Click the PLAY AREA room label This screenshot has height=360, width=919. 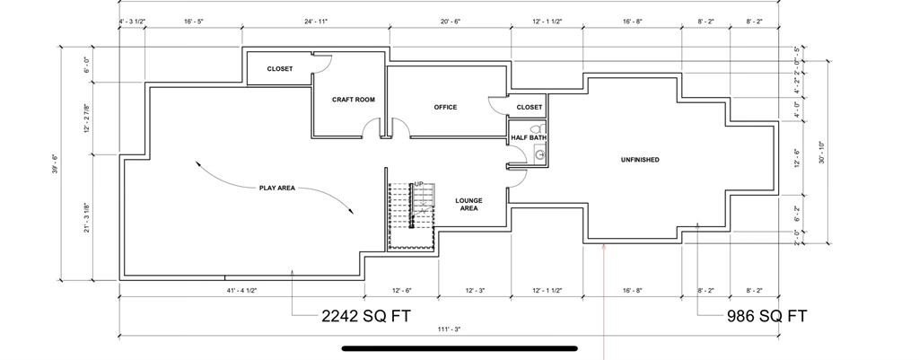click(277, 189)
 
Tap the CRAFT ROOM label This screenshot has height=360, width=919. click(354, 100)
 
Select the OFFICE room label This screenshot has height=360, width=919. click(445, 108)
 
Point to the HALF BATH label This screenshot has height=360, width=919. click(529, 137)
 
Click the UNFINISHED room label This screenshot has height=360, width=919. click(640, 160)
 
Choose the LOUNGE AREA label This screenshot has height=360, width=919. click(468, 204)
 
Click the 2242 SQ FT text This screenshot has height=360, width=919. click(366, 317)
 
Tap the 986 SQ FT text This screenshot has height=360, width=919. click(766, 317)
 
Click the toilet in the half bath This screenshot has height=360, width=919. click(535, 129)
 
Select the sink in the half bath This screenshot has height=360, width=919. click(539, 154)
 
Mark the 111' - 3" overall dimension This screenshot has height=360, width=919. click(449, 329)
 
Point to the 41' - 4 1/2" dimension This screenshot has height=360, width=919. click(241, 290)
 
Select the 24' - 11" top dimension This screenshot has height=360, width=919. click(316, 22)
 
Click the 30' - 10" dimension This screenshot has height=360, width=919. click(822, 151)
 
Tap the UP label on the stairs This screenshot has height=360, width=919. click(418, 183)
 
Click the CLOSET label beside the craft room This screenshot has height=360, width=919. click(280, 69)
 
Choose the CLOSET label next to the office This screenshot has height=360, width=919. click(530, 108)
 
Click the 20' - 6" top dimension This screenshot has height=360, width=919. click(451, 22)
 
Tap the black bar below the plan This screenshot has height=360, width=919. click(459, 348)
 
